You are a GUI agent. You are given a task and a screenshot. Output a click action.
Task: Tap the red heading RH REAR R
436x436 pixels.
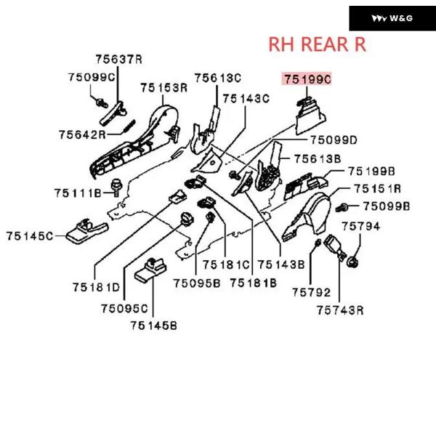pyautogui.click(x=318, y=44)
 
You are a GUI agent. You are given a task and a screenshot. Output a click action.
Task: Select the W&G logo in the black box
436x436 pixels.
pyautogui.click(x=392, y=18)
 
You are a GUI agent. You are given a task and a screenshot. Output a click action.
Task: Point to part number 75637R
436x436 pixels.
pyautogui.click(x=118, y=59)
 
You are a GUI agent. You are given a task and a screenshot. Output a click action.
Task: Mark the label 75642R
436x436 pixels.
pyautogui.click(x=82, y=134)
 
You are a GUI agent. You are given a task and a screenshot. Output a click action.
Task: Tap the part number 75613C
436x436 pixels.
pyautogui.click(x=217, y=78)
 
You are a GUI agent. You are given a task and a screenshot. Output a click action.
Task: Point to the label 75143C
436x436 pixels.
pyautogui.click(x=246, y=98)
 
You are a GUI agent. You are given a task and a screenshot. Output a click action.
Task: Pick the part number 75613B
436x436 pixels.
pyautogui.click(x=318, y=158)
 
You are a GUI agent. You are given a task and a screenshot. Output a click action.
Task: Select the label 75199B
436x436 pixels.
pyautogui.click(x=371, y=171)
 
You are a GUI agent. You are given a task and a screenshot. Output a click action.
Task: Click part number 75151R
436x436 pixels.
pyautogui.click(x=378, y=189)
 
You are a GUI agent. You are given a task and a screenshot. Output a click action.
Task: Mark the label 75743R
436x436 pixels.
pyautogui.click(x=339, y=310)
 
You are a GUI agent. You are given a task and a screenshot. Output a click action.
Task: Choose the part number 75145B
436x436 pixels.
pyautogui.click(x=154, y=326)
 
